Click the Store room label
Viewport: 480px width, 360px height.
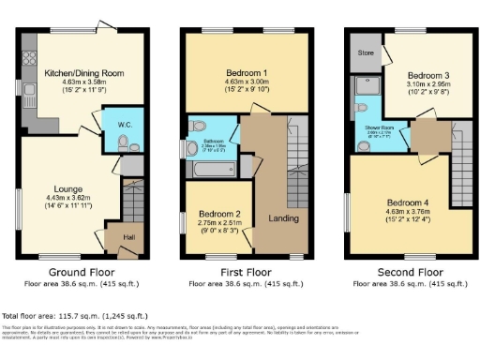(365, 53)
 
